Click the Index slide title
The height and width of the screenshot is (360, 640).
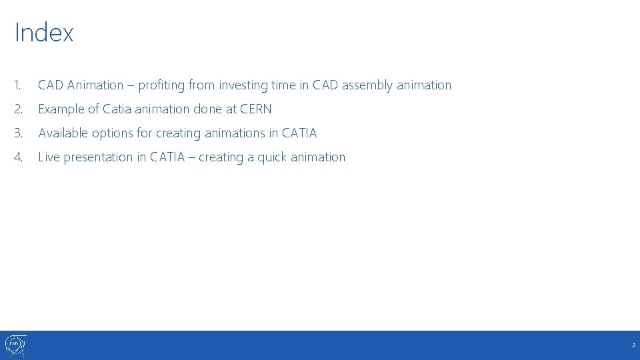[44, 33]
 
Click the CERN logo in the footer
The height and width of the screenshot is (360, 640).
[15, 345]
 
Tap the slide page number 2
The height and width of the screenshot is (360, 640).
[633, 346]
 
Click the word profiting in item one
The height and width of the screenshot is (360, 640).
[162, 85]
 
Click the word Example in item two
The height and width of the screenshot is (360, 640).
[61, 109]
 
